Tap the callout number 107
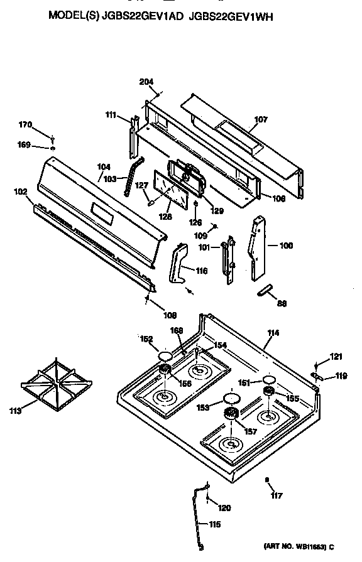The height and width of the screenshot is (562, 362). [x=260, y=119]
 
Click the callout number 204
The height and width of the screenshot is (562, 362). [x=146, y=82]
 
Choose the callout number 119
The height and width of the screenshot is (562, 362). [x=341, y=377]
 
